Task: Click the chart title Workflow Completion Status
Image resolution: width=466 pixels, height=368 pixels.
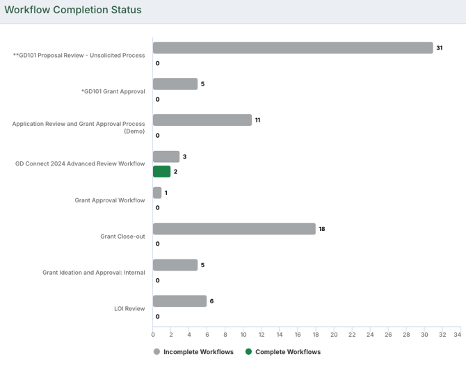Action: tap(73, 10)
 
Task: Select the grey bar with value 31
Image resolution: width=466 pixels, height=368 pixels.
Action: tap(293, 48)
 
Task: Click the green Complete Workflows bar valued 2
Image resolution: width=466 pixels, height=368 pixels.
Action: tap(161, 172)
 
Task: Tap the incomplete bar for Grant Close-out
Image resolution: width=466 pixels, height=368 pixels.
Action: tap(234, 229)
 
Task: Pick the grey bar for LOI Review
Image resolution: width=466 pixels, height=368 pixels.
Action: tap(179, 301)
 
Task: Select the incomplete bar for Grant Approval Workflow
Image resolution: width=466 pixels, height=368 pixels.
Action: tap(157, 193)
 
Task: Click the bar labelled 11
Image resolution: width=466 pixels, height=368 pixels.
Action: tap(202, 120)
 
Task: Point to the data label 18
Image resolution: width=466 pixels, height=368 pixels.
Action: tap(322, 229)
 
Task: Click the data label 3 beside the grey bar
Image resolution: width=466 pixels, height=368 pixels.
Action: tap(184, 157)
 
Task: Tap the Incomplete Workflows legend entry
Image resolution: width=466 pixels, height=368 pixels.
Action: tap(198, 352)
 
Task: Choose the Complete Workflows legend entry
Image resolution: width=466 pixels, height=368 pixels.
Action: tap(287, 352)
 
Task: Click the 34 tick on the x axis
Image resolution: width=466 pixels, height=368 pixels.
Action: tap(458, 335)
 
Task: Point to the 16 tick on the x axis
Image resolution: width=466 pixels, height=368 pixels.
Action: tap(298, 335)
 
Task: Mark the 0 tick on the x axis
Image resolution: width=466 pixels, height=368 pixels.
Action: tap(153, 335)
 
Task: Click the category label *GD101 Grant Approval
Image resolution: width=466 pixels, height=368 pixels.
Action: tap(113, 91)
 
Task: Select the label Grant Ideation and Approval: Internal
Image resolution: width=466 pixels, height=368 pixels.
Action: tap(94, 272)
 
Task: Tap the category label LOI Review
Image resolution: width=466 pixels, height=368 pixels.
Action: tap(129, 308)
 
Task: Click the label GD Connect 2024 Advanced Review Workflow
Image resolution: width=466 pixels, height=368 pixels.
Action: tap(80, 163)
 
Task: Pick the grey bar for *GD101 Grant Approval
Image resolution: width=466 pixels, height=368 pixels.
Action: tap(175, 84)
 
